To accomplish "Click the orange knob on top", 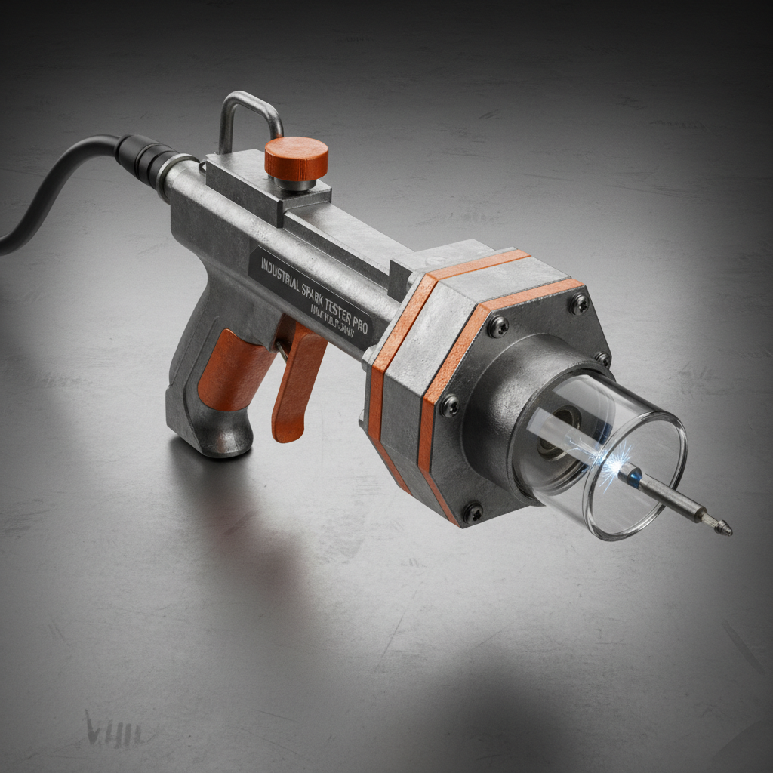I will pos(296,156).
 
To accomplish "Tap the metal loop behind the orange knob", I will pos(249,113).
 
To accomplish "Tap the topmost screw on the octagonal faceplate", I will pos(578,303).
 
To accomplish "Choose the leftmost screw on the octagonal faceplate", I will pos(450,405).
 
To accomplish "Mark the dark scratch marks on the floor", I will pos(106,728).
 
